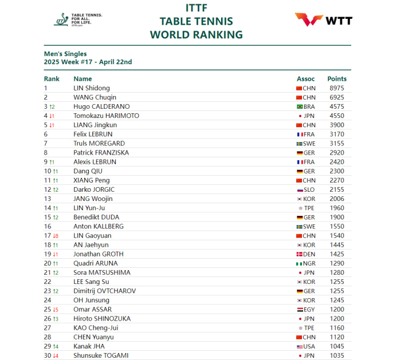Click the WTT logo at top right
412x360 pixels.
(323, 20)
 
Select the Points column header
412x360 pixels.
(337, 79)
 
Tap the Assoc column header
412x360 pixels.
(305, 79)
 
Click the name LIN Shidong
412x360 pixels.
(91, 88)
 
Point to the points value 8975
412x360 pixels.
(337, 88)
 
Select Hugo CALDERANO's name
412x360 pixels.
(101, 106)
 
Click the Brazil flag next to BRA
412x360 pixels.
(299, 107)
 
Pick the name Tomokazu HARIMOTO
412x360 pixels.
(106, 116)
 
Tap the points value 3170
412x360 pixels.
(337, 134)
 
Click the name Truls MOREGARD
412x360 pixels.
(99, 143)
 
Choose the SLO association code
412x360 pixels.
(309, 189)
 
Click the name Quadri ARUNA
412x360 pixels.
(96, 263)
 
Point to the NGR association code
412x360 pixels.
(309, 263)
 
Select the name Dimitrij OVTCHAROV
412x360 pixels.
(104, 291)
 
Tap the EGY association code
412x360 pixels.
(309, 310)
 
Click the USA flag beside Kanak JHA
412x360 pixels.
(299, 346)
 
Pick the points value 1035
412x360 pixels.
(337, 355)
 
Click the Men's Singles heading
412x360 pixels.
(65, 54)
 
